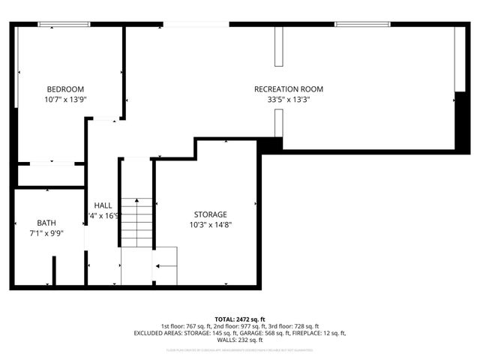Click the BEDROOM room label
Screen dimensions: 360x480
[65, 88]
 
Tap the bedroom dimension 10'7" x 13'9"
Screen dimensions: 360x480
[65, 98]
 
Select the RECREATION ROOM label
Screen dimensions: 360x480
[289, 88]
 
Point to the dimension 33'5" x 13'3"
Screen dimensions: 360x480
[289, 98]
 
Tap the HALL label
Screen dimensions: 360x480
[103, 205]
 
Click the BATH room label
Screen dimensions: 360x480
[46, 223]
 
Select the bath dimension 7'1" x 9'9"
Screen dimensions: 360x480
[46, 232]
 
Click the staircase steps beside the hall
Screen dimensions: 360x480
[136, 223]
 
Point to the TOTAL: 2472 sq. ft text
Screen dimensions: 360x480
[240, 319]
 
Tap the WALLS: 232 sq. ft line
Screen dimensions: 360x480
[240, 340]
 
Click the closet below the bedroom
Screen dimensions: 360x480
[51, 175]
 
